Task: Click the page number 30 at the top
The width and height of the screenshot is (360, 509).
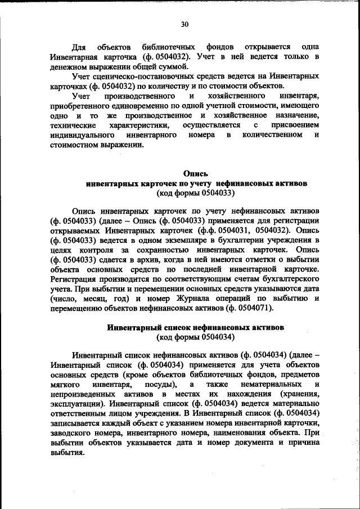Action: click(185, 24)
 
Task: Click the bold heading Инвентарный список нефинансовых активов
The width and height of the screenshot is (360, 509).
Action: click(196, 327)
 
